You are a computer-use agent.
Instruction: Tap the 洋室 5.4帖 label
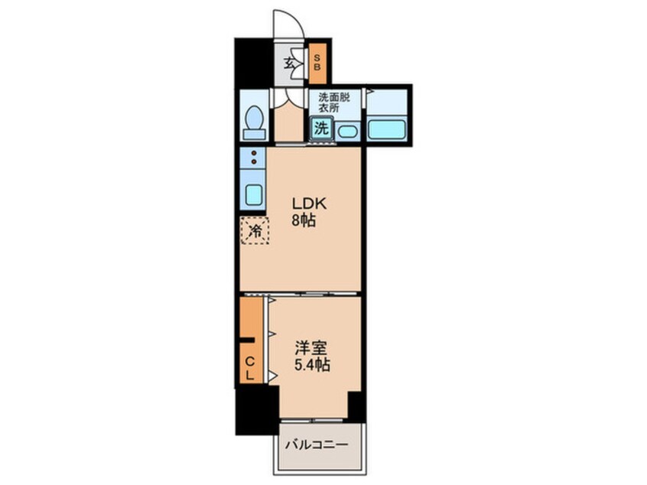312,356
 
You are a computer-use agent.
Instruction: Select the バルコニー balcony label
317,444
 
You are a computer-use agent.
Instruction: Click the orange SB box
318,66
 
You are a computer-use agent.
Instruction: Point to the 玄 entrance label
291,64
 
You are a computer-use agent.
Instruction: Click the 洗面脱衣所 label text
334,102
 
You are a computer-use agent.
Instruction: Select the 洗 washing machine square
322,129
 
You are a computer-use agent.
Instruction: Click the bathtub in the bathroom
386,128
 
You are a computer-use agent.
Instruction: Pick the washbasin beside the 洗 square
346,132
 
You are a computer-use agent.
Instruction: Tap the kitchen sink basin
253,194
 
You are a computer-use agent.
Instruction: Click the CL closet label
250,368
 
